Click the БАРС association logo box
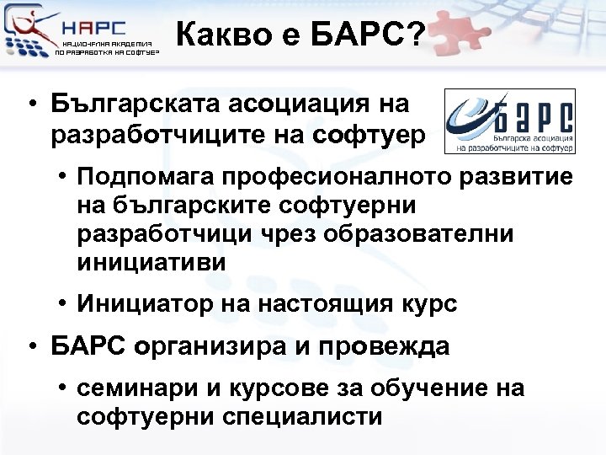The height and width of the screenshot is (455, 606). (x=509, y=121)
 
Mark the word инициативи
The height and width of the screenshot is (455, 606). (x=151, y=262)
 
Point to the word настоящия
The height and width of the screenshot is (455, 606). (x=326, y=304)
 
